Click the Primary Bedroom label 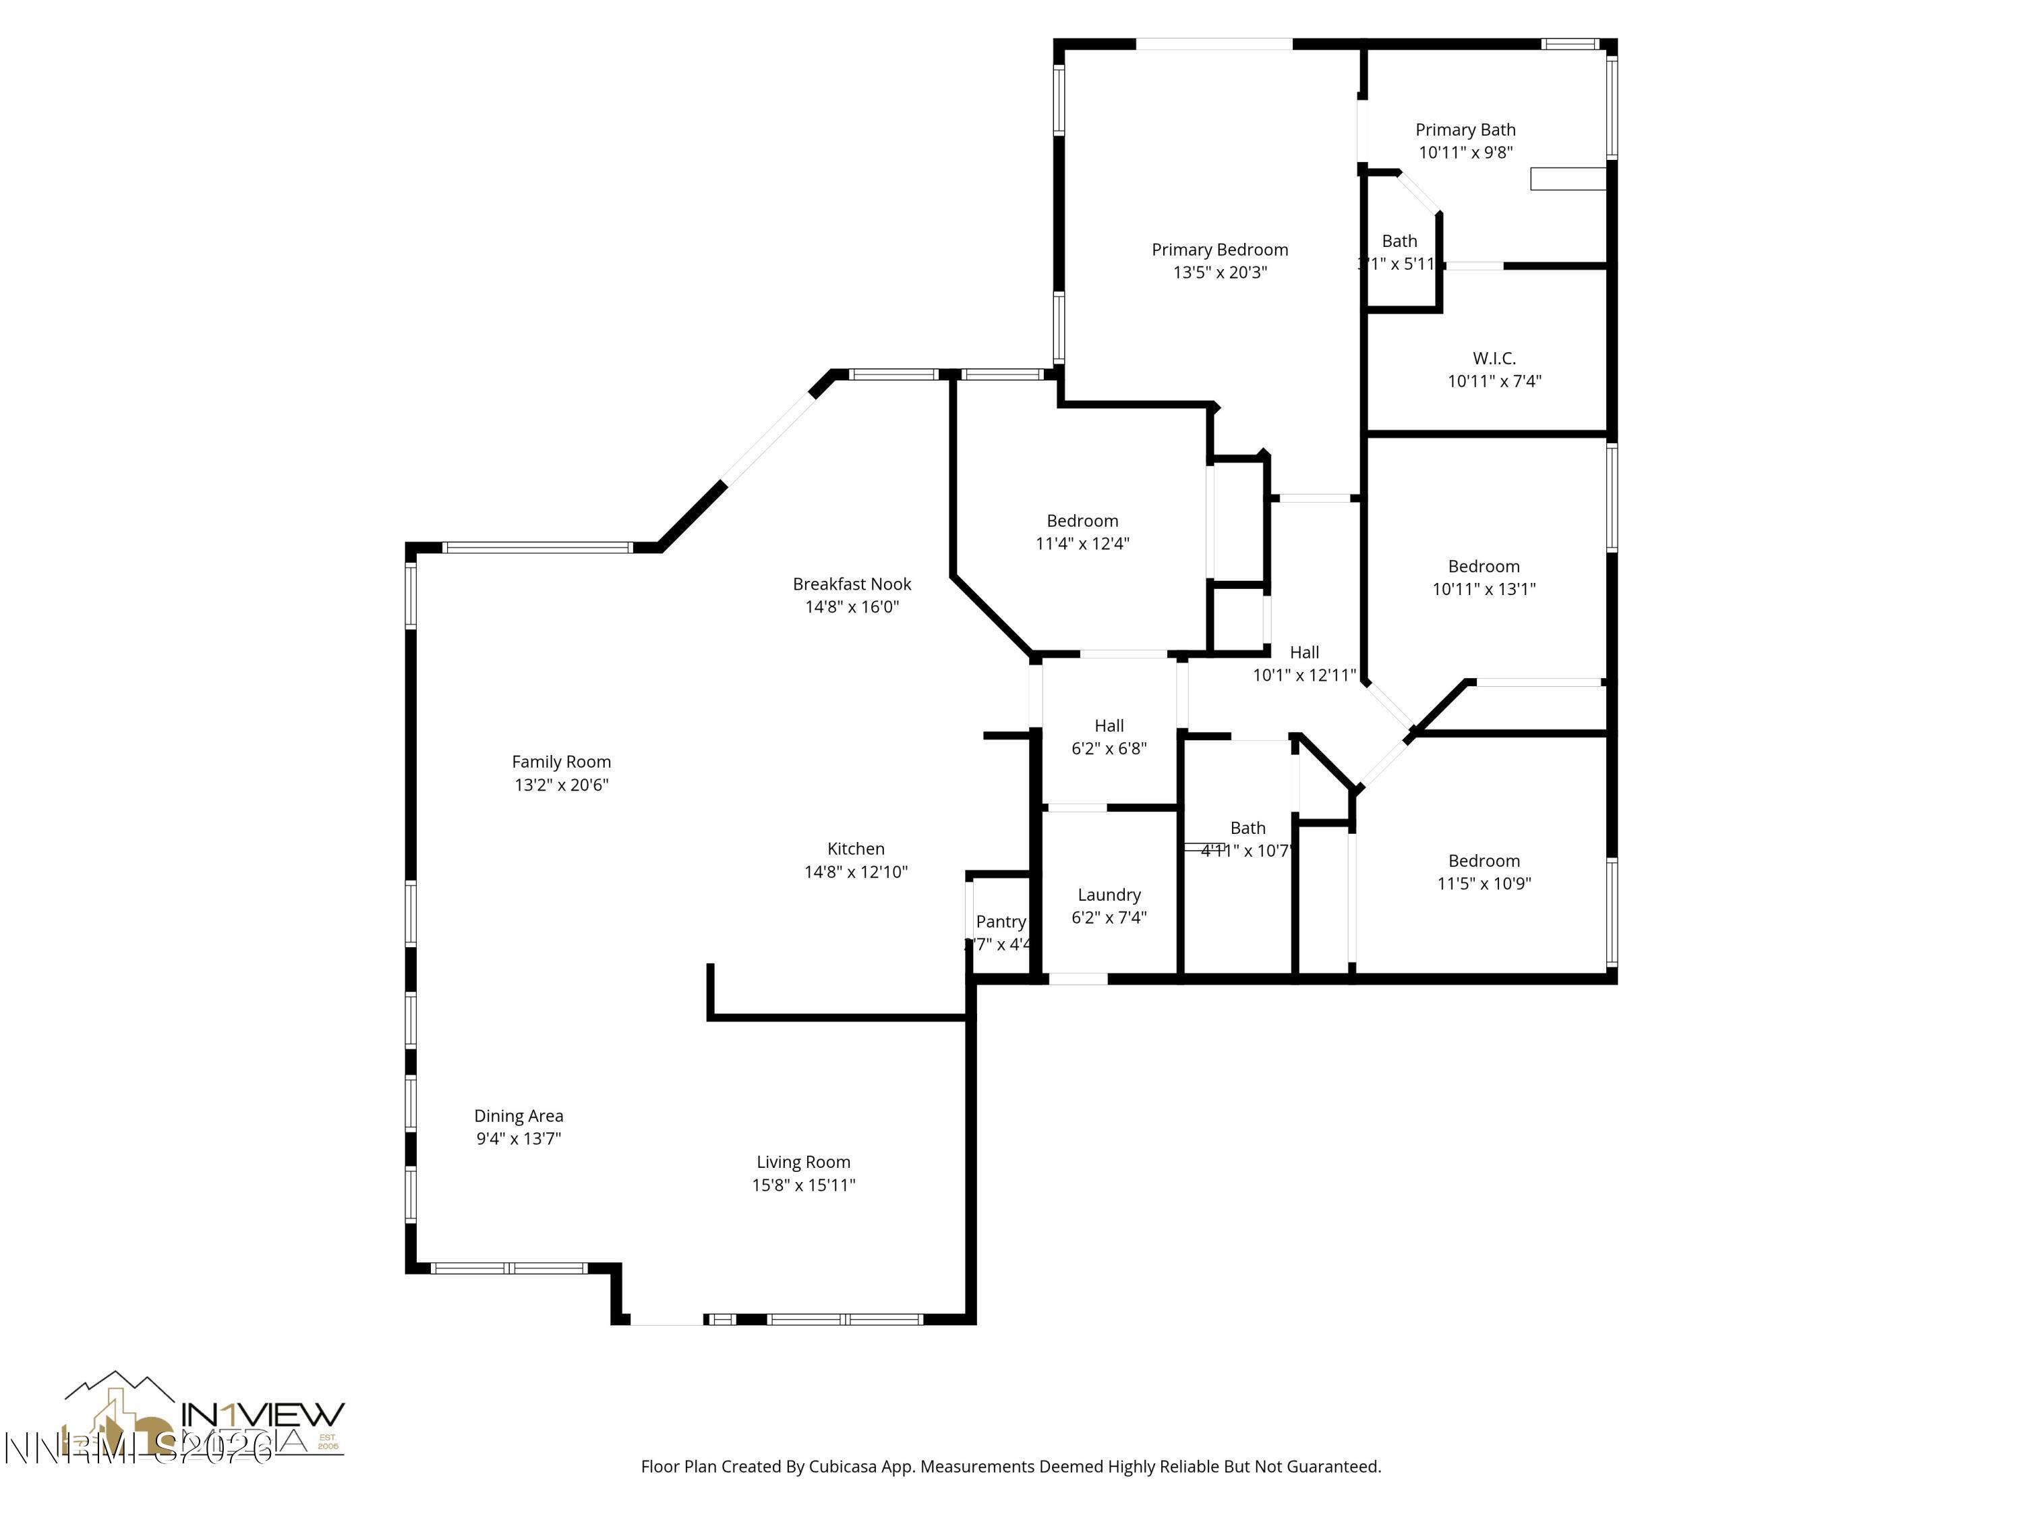1219,250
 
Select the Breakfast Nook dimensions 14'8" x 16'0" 852,607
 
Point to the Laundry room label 1109,895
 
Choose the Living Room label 803,1162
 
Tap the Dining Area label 519,1115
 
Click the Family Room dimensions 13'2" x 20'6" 560,784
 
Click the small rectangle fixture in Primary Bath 1568,178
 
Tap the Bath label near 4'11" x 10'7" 1248,828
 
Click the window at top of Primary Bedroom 1214,44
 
